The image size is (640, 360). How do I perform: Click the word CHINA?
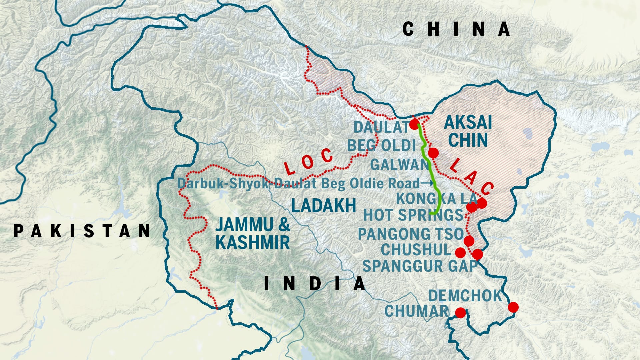pyautogui.click(x=456, y=29)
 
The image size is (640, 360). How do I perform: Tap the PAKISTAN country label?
pyautogui.click(x=82, y=231)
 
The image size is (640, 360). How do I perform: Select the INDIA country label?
pyautogui.click(x=315, y=284)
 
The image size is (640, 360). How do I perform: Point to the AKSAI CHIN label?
pyautogui.click(x=468, y=131)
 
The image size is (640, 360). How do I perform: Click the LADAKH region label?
pyautogui.click(x=324, y=205)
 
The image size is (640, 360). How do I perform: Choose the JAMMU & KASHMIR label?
pyautogui.click(x=253, y=233)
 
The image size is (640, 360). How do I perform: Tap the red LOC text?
pyautogui.click(x=308, y=162)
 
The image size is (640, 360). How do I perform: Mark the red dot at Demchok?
pyautogui.click(x=513, y=307)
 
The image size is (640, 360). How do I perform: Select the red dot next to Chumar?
pyautogui.click(x=460, y=313)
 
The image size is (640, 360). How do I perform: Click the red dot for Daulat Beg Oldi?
pyautogui.click(x=414, y=125)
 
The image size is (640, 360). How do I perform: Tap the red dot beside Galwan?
pyautogui.click(x=433, y=153)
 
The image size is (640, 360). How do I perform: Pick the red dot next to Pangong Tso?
pyautogui.click(x=469, y=241)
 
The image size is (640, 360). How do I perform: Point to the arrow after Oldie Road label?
pyautogui.click(x=428, y=183)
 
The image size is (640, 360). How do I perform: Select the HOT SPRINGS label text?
pyautogui.click(x=413, y=215)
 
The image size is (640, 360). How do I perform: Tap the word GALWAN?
pyautogui.click(x=399, y=165)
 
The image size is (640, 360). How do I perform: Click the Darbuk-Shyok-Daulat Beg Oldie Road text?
pyautogui.click(x=298, y=183)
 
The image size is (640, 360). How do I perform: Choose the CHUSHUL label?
pyautogui.click(x=416, y=250)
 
